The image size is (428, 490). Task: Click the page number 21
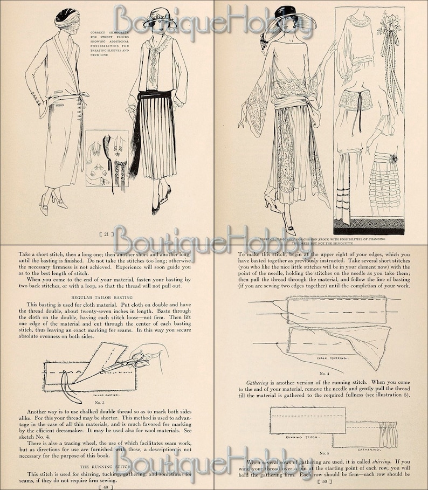point(106,233)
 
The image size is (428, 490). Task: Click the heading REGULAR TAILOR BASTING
point(105,296)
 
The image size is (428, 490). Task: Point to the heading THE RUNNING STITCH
point(106,466)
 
